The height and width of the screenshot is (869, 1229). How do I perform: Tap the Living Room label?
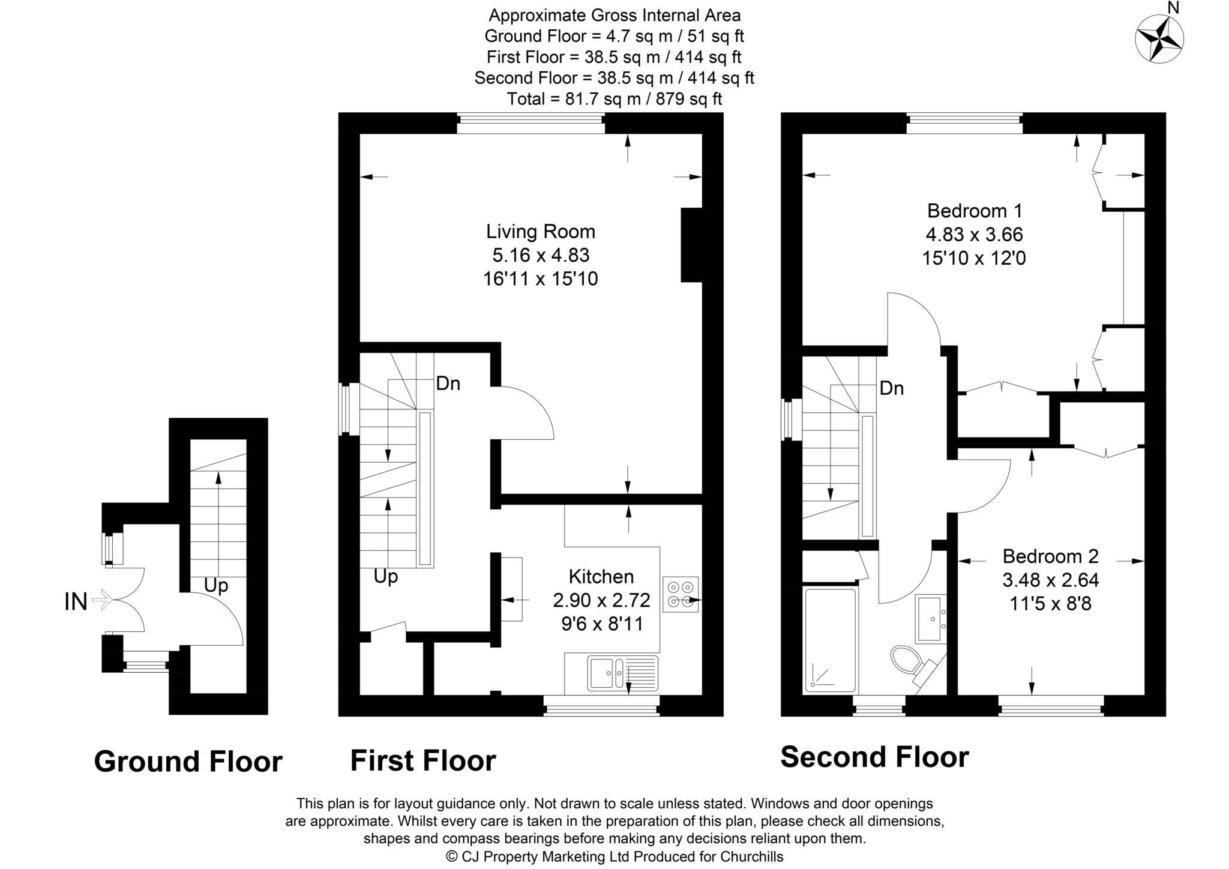540,231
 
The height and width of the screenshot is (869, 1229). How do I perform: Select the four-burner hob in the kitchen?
681,594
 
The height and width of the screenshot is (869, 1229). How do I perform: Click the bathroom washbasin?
930,618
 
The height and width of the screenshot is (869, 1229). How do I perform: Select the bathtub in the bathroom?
831,640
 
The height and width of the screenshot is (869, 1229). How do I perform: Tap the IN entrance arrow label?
76,601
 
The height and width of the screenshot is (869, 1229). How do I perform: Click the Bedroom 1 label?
974,211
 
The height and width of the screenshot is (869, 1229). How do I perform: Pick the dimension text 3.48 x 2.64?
1050,580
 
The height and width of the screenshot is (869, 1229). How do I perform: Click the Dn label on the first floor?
448,383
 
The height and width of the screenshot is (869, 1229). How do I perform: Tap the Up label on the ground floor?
216,585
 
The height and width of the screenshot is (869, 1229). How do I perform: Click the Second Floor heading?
874,757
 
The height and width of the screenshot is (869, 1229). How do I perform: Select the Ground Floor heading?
188,761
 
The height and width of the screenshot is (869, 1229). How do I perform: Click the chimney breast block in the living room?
692,245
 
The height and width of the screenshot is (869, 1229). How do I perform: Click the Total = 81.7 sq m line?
614,98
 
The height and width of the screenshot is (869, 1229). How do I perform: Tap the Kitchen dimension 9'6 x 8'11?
601,624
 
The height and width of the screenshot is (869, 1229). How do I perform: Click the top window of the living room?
530,124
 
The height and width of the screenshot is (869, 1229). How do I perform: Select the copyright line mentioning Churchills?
614,856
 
